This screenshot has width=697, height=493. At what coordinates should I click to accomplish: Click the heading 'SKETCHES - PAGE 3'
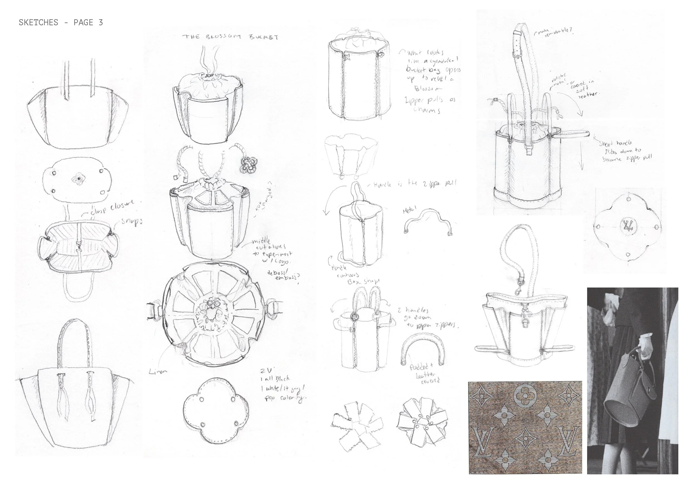61,23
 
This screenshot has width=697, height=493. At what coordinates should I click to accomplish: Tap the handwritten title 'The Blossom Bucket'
230,37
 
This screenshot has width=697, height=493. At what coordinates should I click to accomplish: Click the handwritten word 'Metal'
409,209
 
